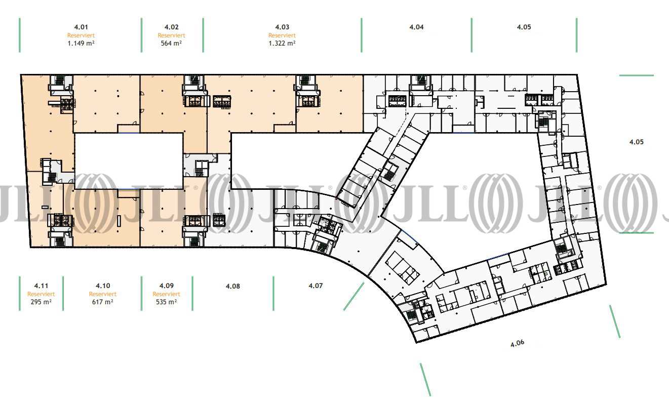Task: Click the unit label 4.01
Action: (x=81, y=27)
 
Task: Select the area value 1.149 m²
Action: (x=81, y=44)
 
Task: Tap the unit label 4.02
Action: (x=172, y=27)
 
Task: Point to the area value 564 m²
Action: (x=172, y=44)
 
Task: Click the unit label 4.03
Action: (x=282, y=27)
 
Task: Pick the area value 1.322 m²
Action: (x=282, y=44)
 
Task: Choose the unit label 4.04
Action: (x=416, y=27)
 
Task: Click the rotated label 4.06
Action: (x=517, y=343)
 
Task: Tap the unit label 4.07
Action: (x=316, y=286)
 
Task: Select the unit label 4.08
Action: (x=232, y=287)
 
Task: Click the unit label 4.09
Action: (x=166, y=286)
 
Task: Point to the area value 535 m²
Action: (x=166, y=302)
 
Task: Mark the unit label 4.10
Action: (x=103, y=286)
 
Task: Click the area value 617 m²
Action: (x=103, y=302)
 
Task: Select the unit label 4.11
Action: (x=41, y=286)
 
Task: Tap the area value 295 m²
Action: (x=41, y=302)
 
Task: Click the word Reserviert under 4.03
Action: (x=282, y=35)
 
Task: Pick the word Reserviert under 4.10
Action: (x=103, y=294)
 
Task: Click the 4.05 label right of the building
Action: (x=637, y=142)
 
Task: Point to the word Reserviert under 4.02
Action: (x=172, y=35)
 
